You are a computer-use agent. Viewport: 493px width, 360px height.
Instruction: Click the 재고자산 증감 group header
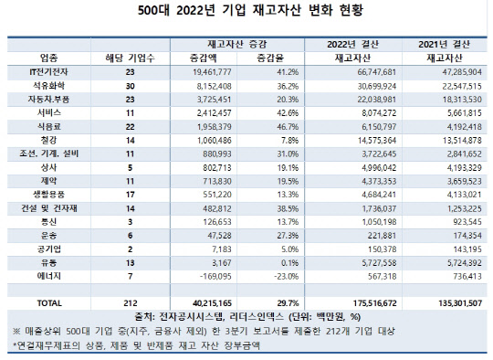[x=246, y=43]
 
